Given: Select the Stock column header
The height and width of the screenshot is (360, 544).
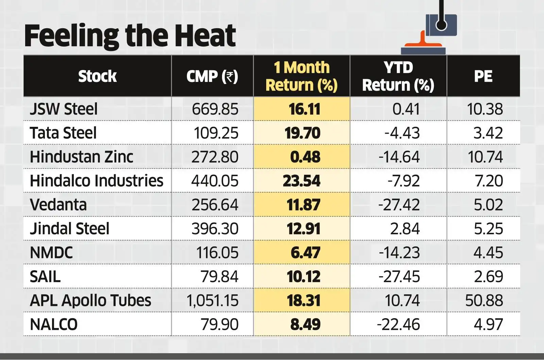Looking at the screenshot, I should coord(97,76).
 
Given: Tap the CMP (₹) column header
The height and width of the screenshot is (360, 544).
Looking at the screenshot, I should coord(212,76).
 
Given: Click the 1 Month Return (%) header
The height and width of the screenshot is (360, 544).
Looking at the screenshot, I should coord(302,76).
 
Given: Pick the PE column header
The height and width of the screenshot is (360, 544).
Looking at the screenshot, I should coord(483,76).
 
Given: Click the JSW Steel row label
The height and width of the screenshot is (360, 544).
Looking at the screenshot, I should coord(64,109).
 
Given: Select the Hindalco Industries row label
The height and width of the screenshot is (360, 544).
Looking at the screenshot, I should coord(97,181).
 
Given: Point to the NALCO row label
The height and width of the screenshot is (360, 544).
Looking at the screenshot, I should coord(54,324).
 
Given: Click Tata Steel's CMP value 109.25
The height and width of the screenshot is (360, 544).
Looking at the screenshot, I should coord(216,133).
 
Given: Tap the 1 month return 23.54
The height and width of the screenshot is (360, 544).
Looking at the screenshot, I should coord(302,181).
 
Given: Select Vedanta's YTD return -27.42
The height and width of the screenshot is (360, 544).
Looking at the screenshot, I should coord(399,205).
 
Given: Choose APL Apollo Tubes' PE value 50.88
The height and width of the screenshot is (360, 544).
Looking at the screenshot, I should coord(484,301).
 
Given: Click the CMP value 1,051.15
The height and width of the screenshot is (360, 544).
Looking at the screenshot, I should coord(213,301).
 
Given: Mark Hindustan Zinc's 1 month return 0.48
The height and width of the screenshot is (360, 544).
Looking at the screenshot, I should coord(305,157).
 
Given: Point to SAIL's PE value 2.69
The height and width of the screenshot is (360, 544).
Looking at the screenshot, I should coord(488,276).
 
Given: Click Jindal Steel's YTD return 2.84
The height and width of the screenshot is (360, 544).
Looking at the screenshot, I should coord(405,229).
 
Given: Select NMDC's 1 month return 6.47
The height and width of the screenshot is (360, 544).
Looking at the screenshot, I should coord(305,253).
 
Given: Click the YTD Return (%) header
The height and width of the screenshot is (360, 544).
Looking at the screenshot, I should coord(398,76).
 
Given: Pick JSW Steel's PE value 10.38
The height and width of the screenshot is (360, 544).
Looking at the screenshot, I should coord(485,109).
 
